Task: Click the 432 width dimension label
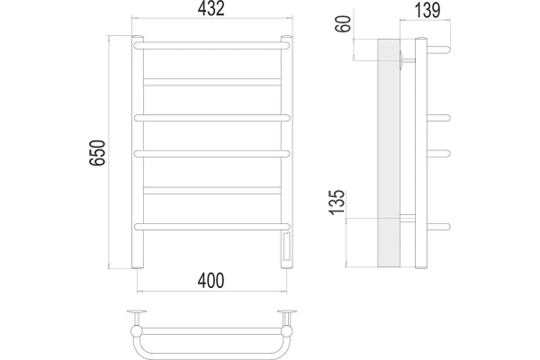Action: (211, 8)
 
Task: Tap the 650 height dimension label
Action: (97, 153)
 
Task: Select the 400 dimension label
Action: (211, 281)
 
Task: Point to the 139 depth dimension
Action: (427, 10)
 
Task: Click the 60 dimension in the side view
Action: (343, 24)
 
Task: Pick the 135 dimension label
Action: (337, 202)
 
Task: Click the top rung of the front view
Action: (211, 46)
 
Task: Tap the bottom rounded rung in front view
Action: (212, 226)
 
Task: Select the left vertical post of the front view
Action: (138, 152)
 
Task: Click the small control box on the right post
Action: (287, 247)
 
